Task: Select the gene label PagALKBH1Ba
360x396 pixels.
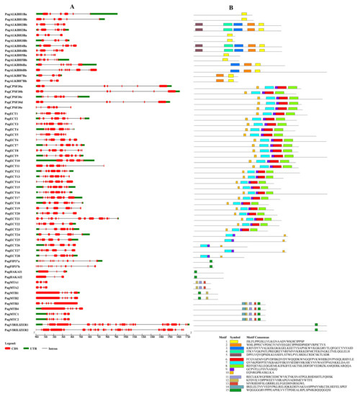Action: click(16, 14)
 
